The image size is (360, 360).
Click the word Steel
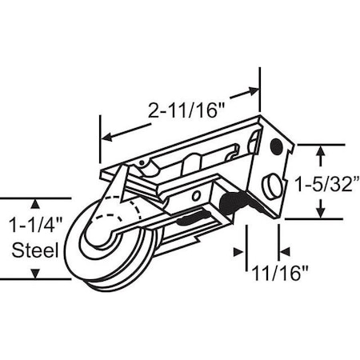click(35, 250)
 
